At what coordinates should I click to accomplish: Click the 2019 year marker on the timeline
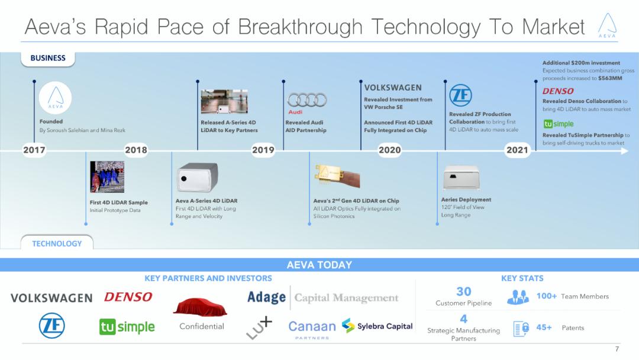pos(263,150)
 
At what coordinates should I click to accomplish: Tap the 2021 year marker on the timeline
pos(517,150)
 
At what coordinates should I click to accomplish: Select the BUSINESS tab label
pos(48,58)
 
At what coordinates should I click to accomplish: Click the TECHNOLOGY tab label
pos(57,243)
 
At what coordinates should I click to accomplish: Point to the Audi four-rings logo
pos(307,100)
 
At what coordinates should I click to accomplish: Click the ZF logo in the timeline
pos(460,95)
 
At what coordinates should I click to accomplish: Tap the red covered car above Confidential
pos(200,307)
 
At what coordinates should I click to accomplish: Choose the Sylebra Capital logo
pos(377,326)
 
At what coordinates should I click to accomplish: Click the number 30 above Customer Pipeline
pos(464,291)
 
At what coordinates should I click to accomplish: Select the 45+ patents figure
pos(544,327)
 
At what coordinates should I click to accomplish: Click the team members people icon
pos(518,297)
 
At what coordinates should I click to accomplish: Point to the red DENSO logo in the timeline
pos(558,91)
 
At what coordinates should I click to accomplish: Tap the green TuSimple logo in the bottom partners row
pos(127,327)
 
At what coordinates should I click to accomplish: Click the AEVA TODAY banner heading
pos(319,265)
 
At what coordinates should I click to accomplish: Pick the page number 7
pos(617,349)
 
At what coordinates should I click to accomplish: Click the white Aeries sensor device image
pos(461,178)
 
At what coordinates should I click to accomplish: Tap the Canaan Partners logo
pos(312,329)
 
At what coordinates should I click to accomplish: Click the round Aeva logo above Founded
pos(56,98)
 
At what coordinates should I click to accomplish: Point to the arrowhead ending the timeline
pos(624,151)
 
